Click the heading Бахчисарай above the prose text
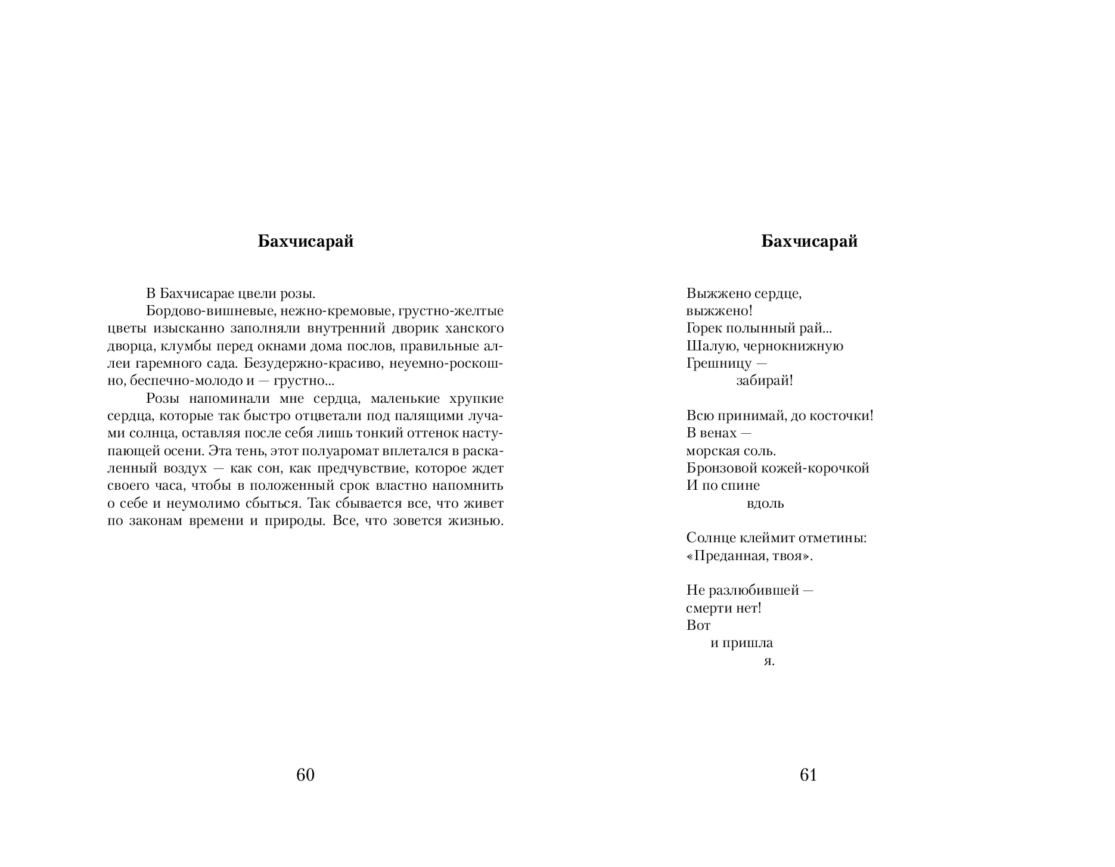pos(305,241)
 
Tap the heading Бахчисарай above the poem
pos(809,241)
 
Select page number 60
pos(305,775)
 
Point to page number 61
pos(808,775)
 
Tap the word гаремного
pos(173,363)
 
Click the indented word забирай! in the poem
pos(765,381)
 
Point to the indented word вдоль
pos(765,504)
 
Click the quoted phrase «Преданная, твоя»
pos(750,556)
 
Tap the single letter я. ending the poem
pos(769,661)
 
